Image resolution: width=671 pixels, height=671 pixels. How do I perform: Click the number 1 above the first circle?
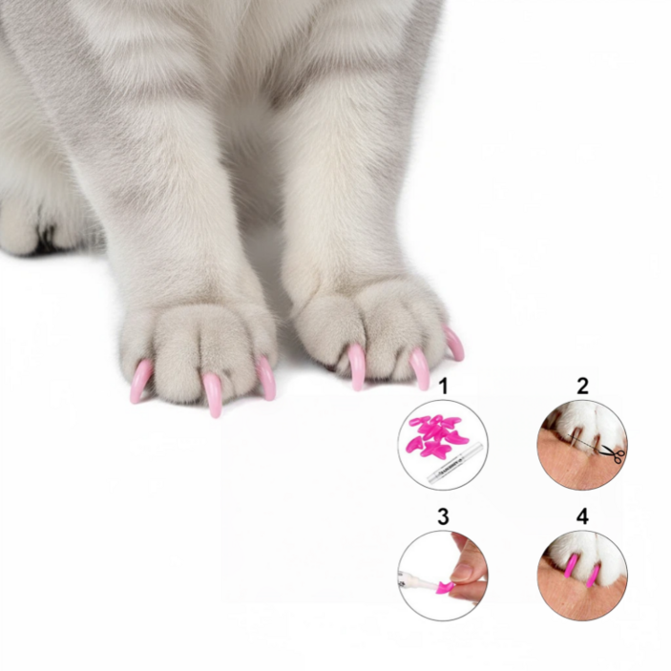click(444, 386)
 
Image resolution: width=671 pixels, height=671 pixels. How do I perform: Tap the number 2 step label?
click(582, 386)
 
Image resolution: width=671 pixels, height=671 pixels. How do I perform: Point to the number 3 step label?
click(443, 516)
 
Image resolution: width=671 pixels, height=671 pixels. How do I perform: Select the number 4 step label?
click(582, 516)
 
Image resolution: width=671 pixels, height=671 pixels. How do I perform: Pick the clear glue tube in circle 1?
click(455, 464)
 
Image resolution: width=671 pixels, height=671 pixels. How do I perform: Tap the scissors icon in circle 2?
click(613, 453)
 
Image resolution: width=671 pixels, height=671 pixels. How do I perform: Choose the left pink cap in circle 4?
click(570, 566)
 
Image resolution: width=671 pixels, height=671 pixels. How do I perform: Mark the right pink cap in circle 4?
click(593, 576)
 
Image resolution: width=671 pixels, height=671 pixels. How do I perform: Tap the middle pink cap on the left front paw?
click(212, 393)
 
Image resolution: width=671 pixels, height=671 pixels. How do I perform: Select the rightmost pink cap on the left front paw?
click(267, 377)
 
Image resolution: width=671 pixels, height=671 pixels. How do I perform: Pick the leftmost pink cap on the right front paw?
click(356, 366)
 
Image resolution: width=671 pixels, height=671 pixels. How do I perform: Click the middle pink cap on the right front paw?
click(421, 368)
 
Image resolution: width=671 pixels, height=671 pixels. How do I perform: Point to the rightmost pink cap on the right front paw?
click(455, 344)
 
